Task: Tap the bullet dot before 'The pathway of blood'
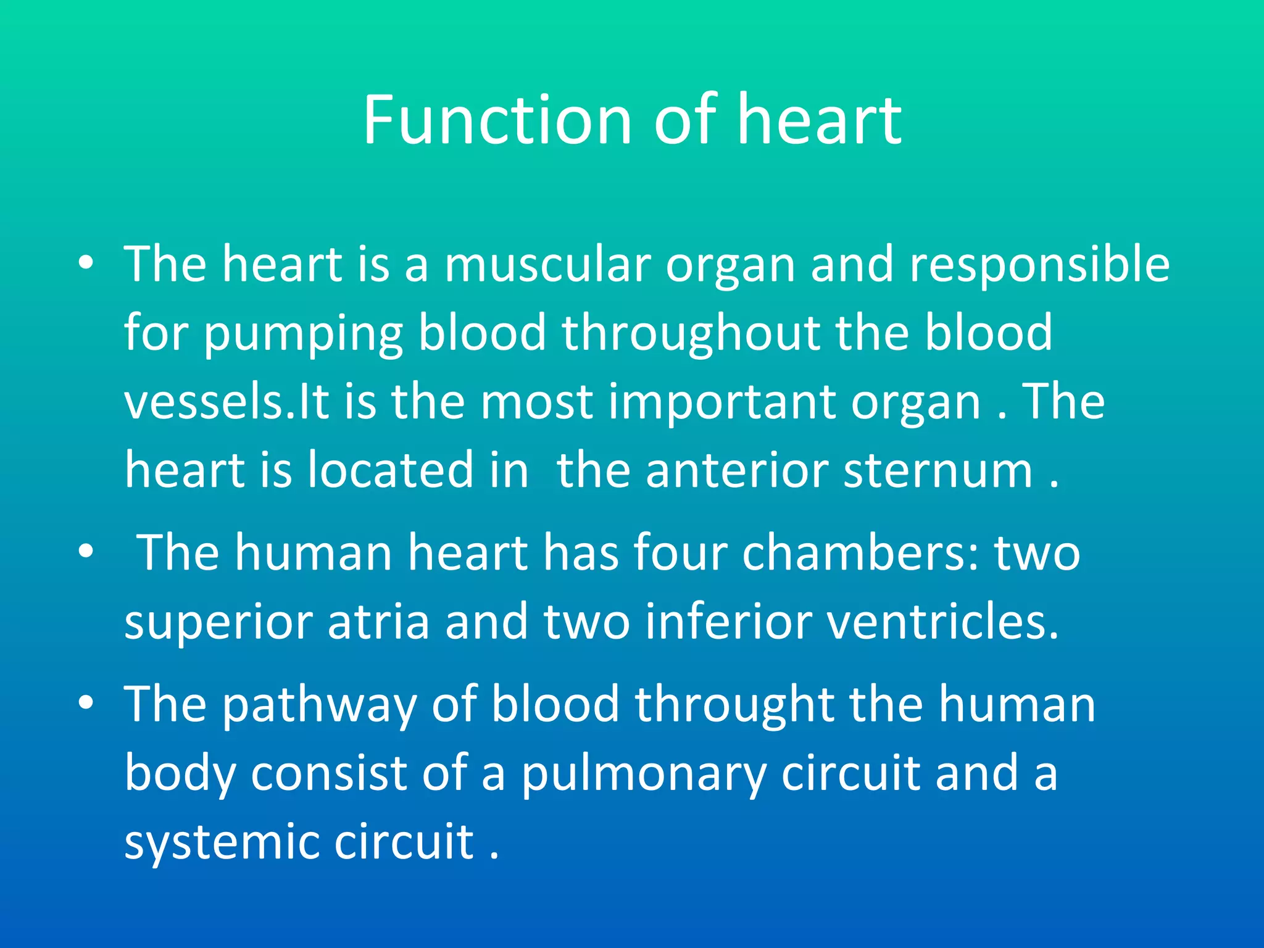[86, 702]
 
